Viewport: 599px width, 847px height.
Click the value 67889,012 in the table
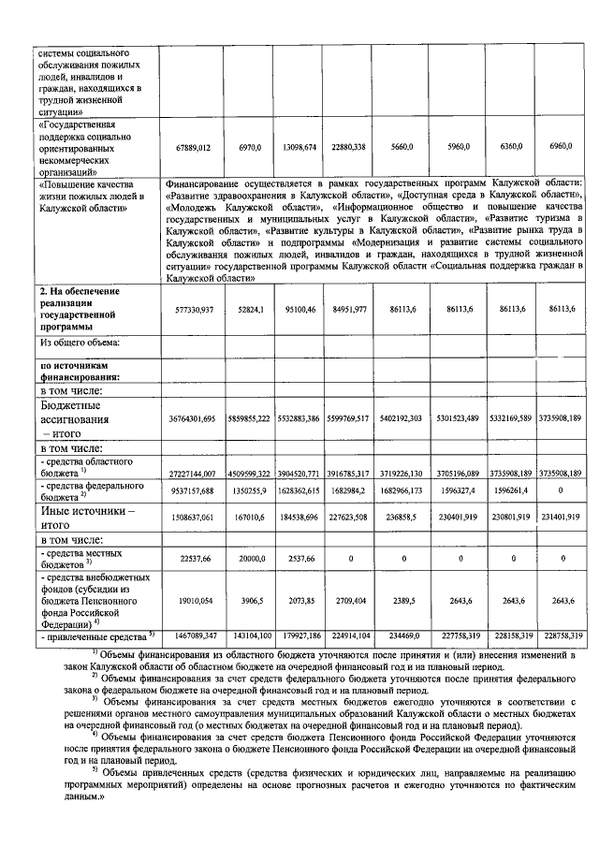point(193,147)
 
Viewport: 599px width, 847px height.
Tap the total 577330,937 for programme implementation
point(194,309)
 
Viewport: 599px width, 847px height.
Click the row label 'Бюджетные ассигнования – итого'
point(84,420)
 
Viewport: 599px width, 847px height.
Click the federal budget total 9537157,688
point(193,489)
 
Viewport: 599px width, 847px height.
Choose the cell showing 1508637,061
point(193,516)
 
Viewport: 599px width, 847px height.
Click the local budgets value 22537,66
point(193,558)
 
